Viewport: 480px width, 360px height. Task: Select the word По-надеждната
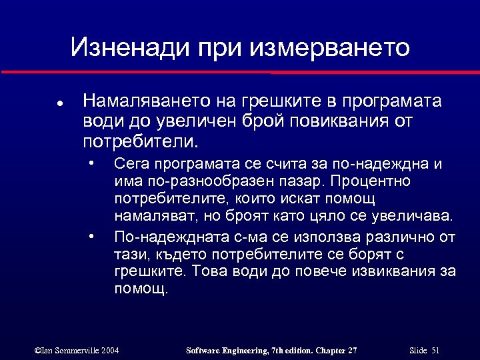159,237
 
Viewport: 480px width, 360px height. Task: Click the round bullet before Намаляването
59,103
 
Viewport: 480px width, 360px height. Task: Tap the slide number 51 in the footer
435,350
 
